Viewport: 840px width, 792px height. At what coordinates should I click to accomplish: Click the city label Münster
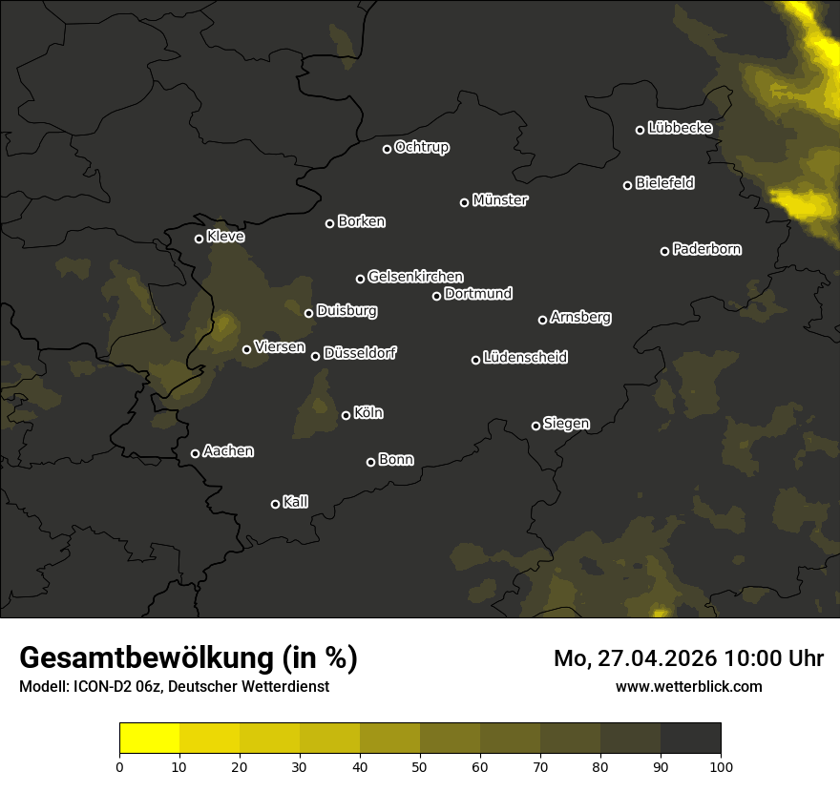[500, 200]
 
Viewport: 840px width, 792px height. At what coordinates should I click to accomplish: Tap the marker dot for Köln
[346, 415]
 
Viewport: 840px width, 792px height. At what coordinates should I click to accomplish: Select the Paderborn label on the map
[706, 249]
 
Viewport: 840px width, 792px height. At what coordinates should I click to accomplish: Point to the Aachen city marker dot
[195, 453]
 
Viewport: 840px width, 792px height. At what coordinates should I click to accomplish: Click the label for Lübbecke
[680, 128]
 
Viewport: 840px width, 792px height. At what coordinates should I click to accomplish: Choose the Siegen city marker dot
[535, 426]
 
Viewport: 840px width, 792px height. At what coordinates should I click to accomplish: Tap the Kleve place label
[225, 236]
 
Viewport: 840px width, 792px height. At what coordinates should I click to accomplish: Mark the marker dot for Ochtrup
[387, 149]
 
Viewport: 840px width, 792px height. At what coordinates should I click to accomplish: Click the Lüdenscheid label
[525, 358]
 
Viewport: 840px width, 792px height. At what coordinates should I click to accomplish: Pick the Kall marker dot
[275, 504]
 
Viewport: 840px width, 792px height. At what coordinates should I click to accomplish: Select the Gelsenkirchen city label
[415, 277]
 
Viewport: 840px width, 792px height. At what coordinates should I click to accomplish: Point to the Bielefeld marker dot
[627, 185]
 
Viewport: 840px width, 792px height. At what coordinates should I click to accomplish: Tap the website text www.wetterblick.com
[689, 686]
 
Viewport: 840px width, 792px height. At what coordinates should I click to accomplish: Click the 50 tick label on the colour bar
[420, 766]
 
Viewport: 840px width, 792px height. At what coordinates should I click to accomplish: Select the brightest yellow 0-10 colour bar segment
[149, 738]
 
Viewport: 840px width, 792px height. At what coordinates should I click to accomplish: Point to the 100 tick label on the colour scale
[721, 766]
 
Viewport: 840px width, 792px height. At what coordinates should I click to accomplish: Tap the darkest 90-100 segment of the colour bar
[690, 738]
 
